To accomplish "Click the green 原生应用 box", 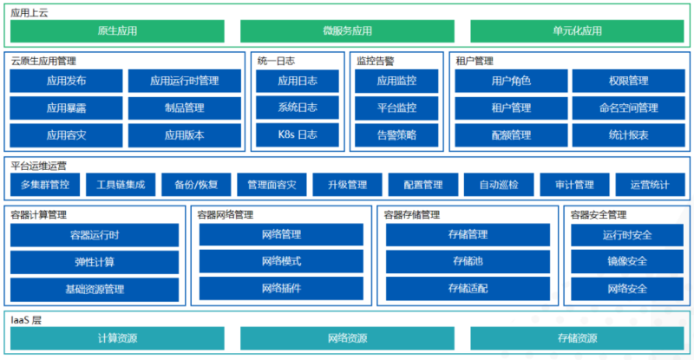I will tap(117, 31).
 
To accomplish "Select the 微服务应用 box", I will tap(347, 31).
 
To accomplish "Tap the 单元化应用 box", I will tap(577, 31).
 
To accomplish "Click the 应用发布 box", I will tap(66, 82).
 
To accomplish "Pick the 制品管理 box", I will tap(184, 108).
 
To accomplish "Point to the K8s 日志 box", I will tap(298, 135).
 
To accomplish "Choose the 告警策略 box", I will tap(396, 135).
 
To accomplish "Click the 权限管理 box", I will tap(628, 82).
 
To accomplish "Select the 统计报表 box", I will tap(628, 135).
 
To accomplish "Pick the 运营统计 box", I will tap(650, 185).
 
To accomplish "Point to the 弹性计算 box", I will tap(95, 262).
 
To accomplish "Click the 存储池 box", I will tap(468, 262).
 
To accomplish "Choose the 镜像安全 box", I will tap(627, 262).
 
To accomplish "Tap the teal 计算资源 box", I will tap(117, 338).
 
